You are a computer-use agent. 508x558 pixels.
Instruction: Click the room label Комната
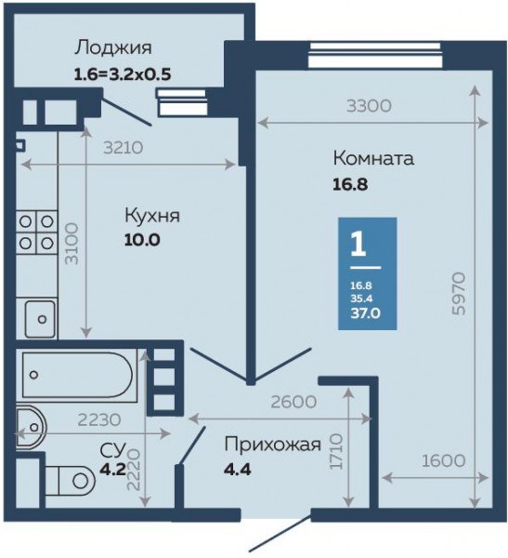[373, 158]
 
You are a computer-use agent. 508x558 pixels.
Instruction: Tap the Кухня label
[152, 216]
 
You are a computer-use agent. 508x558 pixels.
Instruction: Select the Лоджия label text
[113, 47]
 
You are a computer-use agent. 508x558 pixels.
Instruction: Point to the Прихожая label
[273, 445]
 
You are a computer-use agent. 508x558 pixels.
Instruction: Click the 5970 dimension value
[459, 294]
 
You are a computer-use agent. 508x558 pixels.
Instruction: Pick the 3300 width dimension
[369, 106]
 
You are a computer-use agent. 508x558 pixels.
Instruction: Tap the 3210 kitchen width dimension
[123, 148]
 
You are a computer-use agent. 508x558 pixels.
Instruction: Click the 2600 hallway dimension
[293, 402]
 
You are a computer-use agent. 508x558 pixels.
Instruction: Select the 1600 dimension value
[444, 461]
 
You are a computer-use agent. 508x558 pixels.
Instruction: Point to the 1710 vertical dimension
[336, 451]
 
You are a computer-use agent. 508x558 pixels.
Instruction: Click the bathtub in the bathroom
[80, 375]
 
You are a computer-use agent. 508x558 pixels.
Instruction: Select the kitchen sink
[40, 319]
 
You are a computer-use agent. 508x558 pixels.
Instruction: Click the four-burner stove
[36, 232]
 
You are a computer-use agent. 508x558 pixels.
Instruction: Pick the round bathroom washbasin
[32, 428]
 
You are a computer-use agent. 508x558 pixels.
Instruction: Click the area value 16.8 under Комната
[350, 184]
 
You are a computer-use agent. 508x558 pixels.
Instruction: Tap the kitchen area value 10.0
[142, 240]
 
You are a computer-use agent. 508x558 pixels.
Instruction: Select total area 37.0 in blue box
[366, 313]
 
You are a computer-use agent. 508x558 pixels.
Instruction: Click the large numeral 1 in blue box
[358, 244]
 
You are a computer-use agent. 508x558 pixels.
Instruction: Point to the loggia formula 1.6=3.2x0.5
[123, 74]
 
